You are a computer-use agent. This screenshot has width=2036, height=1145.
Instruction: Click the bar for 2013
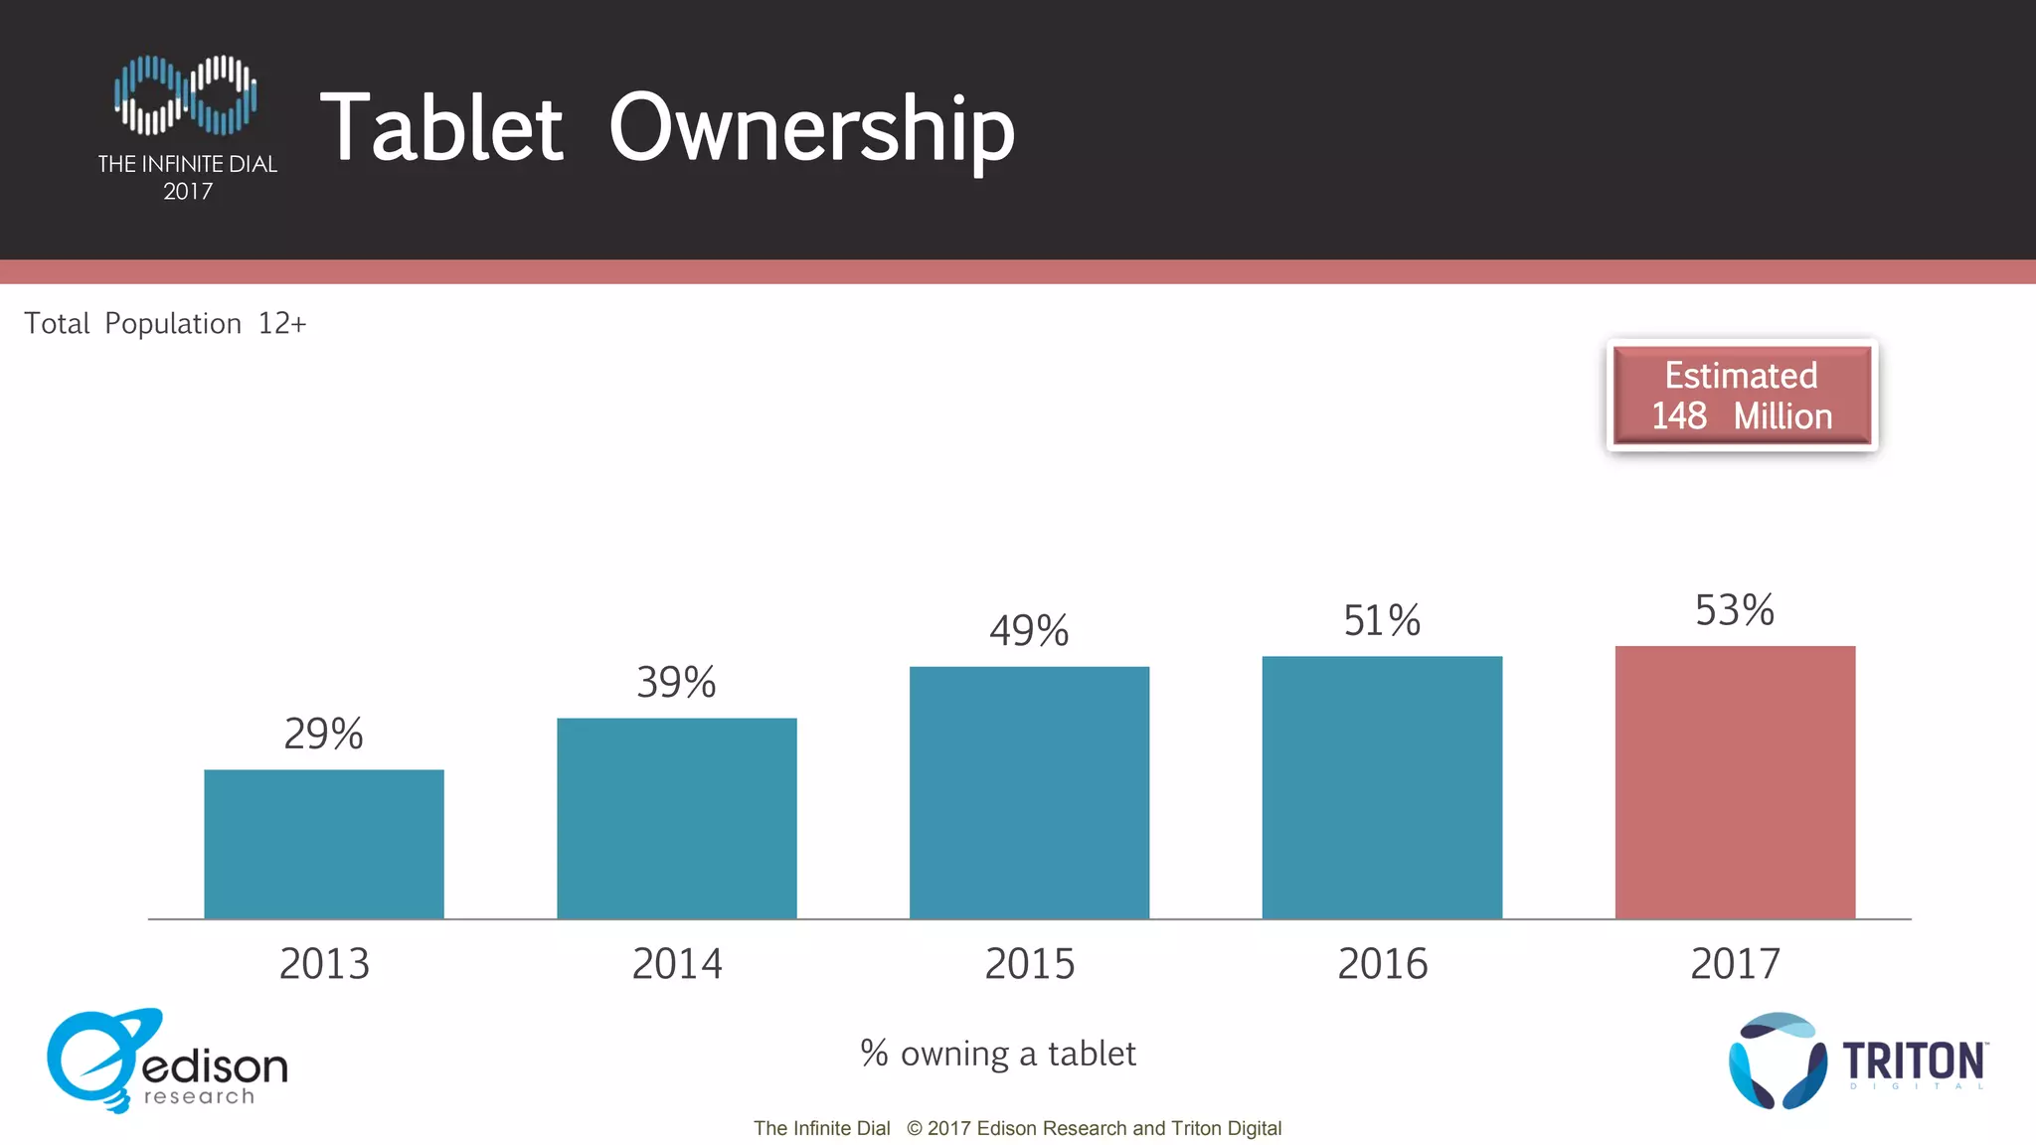[324, 844]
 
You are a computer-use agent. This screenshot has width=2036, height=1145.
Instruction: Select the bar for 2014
[677, 818]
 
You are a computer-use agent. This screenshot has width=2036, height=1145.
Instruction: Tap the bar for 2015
[1029, 792]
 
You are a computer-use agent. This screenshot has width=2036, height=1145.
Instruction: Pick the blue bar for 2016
[1382, 787]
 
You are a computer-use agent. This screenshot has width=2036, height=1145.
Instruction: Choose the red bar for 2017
[1735, 782]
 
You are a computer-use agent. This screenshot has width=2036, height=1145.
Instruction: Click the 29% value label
[324, 734]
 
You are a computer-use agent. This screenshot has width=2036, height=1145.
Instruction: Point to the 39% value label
[677, 682]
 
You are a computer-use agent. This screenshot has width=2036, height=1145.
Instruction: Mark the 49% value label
[1029, 630]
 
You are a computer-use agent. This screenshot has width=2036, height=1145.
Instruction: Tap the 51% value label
[1382, 620]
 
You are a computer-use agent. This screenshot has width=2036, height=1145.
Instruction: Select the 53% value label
[1735, 609]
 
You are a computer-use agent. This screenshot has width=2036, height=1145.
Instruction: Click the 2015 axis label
[1030, 963]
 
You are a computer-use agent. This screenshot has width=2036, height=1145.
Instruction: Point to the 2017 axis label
[1735, 963]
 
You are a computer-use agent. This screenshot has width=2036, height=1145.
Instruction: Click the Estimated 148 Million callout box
[1742, 396]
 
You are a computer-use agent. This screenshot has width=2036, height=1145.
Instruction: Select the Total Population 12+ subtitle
[165, 323]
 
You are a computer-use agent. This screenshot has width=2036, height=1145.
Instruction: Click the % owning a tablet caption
[998, 1053]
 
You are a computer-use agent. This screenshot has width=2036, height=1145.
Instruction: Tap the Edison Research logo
[166, 1062]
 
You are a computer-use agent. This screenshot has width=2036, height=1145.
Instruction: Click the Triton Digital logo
[1857, 1062]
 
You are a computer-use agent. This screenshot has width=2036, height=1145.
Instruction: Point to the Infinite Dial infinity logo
[186, 95]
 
